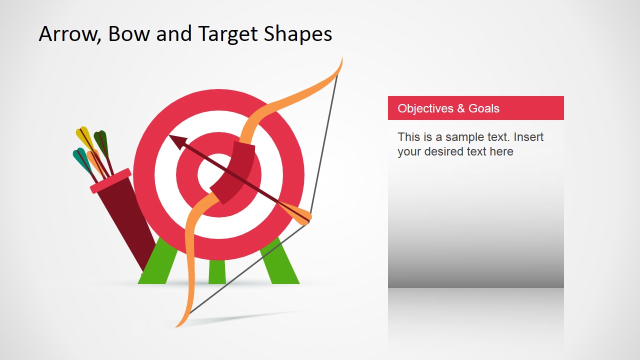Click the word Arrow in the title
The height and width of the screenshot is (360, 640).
(67, 34)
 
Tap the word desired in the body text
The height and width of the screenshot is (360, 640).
(455, 151)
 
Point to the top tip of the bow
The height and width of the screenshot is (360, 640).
(341, 60)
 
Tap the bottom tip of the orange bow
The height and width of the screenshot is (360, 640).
(178, 325)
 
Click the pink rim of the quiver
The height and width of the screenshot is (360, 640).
(110, 180)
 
